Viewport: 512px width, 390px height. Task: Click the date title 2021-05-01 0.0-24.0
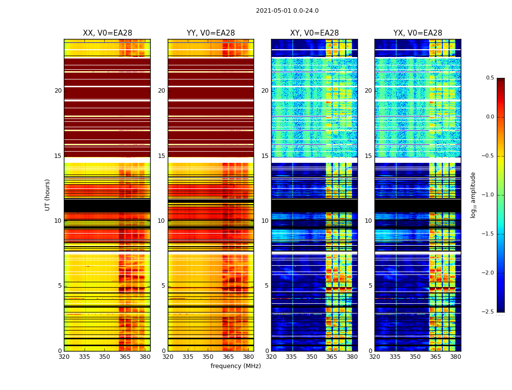click(287, 11)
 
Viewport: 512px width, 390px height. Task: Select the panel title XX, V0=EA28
click(107, 33)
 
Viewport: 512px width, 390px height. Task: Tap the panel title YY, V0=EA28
click(211, 33)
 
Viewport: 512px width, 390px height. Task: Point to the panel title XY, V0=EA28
click(315, 33)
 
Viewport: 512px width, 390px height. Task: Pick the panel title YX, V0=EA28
click(418, 33)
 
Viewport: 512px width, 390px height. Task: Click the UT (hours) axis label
click(47, 195)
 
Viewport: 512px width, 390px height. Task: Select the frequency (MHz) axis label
click(236, 366)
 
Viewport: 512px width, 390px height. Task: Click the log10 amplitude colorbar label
click(473, 195)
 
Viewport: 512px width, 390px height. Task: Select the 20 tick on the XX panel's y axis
click(58, 91)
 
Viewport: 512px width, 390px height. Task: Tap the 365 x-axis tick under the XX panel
click(125, 357)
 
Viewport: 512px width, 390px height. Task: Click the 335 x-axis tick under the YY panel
click(188, 357)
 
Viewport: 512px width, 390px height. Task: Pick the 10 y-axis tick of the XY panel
click(265, 221)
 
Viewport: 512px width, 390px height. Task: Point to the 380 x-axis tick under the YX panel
click(455, 357)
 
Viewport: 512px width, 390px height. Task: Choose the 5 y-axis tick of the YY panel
click(163, 286)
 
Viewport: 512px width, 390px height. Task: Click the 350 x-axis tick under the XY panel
click(312, 357)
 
